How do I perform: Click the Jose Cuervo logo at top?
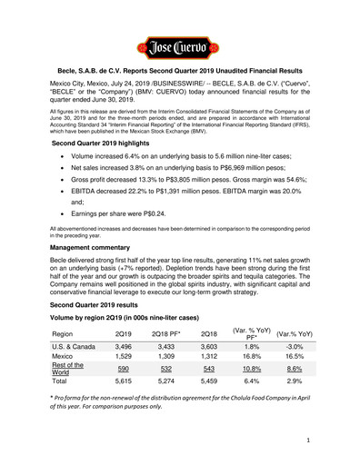coord(179,44)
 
